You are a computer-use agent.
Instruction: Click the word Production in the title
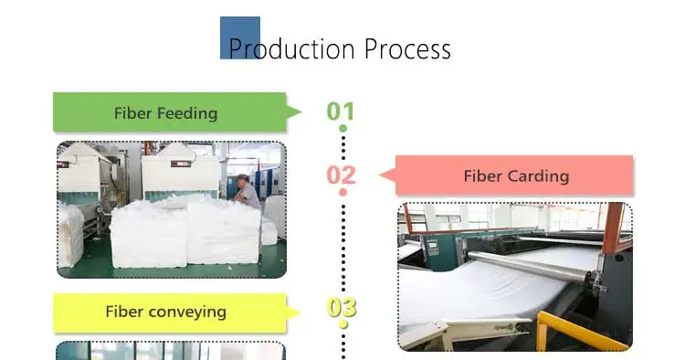click(x=291, y=49)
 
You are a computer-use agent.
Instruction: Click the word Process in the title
click(x=407, y=49)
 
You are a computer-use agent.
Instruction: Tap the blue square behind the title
click(x=240, y=37)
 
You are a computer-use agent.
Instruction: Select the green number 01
click(x=341, y=111)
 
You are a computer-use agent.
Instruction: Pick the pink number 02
click(x=342, y=175)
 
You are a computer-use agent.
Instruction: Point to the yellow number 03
click(x=342, y=308)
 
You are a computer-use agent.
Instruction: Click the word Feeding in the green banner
click(x=187, y=113)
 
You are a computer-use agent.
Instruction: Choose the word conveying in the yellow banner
click(x=187, y=312)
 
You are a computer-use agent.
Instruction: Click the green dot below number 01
click(x=342, y=128)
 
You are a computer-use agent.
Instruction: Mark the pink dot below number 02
click(x=342, y=192)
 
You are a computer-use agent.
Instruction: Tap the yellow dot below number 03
click(x=343, y=324)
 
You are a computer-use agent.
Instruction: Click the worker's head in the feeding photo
click(x=243, y=180)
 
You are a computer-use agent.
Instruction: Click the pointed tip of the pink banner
click(x=379, y=175)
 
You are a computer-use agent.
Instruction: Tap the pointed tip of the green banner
click(x=301, y=112)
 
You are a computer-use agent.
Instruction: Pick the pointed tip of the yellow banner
click(x=301, y=312)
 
